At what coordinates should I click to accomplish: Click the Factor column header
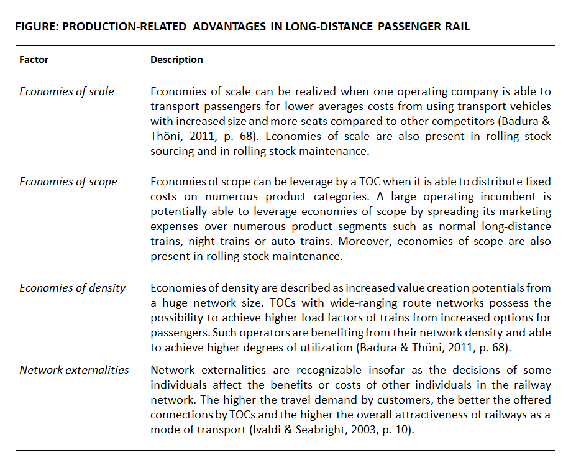(34, 60)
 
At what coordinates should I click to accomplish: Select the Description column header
(176, 60)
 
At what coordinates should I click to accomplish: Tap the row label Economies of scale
(66, 91)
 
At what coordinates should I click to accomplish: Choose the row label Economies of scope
(68, 182)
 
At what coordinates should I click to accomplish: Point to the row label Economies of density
(72, 288)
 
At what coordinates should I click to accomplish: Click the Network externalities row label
(74, 370)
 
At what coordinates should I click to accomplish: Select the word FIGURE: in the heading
(36, 27)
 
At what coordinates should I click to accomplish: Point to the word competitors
(464, 122)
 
